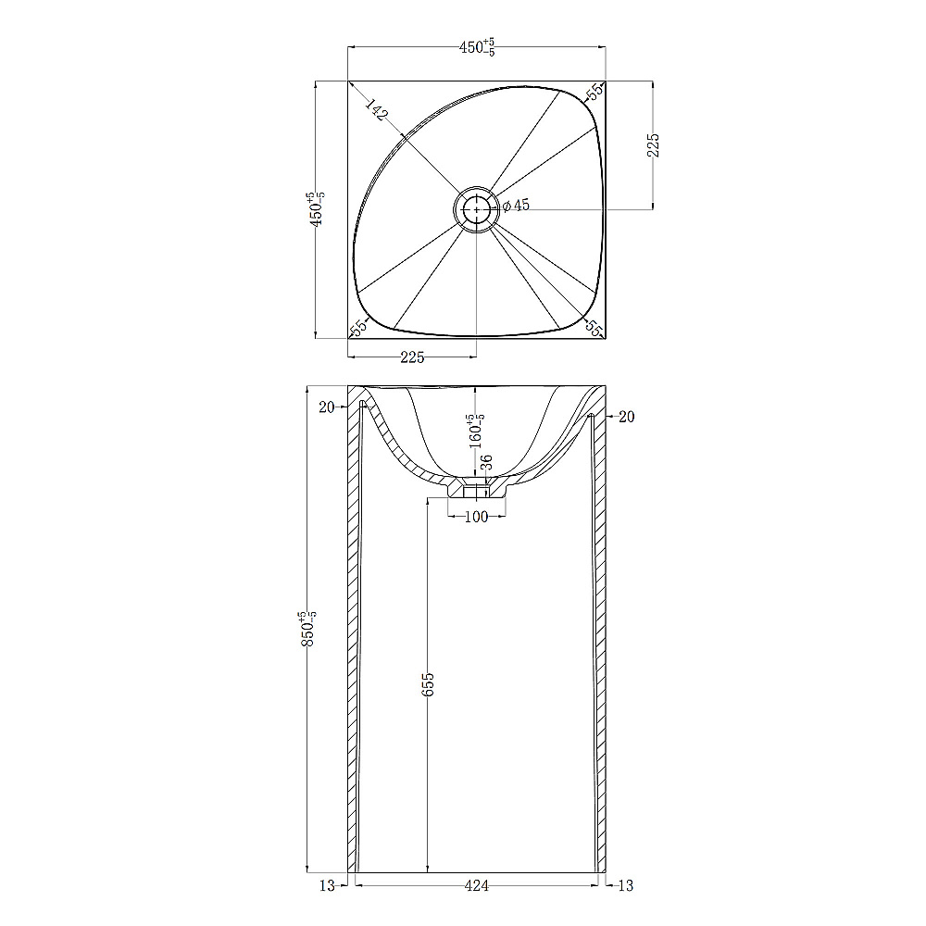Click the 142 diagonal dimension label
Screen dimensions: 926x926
(x=376, y=110)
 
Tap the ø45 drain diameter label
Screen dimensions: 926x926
(x=516, y=206)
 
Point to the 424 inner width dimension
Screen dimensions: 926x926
(x=477, y=886)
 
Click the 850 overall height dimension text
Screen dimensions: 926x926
(x=309, y=629)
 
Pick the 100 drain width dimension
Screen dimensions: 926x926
(x=477, y=517)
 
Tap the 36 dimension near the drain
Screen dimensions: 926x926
(x=487, y=462)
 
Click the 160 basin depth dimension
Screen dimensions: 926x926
(x=477, y=432)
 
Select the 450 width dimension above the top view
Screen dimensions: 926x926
(x=477, y=47)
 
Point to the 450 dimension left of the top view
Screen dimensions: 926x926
(x=317, y=209)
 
